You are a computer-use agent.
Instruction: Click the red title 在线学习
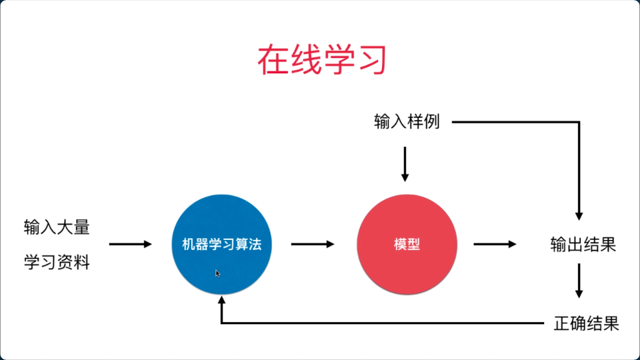(x=322, y=60)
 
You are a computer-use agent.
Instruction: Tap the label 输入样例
(x=407, y=121)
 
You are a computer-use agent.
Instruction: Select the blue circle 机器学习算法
(x=221, y=244)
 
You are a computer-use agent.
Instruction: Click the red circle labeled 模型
(x=407, y=244)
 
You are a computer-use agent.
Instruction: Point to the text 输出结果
(x=583, y=245)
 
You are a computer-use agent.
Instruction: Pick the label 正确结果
(x=587, y=323)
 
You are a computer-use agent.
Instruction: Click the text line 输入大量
(x=57, y=227)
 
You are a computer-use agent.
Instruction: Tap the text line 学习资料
(x=57, y=262)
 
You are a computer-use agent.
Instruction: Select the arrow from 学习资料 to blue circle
(x=131, y=244)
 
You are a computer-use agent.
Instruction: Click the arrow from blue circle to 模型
(x=313, y=244)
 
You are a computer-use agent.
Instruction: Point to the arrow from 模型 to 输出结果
(x=495, y=244)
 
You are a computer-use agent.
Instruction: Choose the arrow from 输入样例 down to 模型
(x=405, y=164)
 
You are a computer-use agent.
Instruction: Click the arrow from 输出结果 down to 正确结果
(x=579, y=281)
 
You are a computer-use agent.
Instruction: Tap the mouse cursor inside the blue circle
(x=217, y=273)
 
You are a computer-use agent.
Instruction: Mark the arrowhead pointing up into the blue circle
(x=221, y=300)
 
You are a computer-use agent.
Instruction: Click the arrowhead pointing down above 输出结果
(x=579, y=216)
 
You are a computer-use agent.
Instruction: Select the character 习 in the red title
(x=371, y=60)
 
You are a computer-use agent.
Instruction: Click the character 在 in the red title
(x=273, y=60)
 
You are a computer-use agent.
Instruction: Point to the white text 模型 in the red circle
(x=407, y=244)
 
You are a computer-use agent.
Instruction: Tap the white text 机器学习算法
(x=221, y=244)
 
